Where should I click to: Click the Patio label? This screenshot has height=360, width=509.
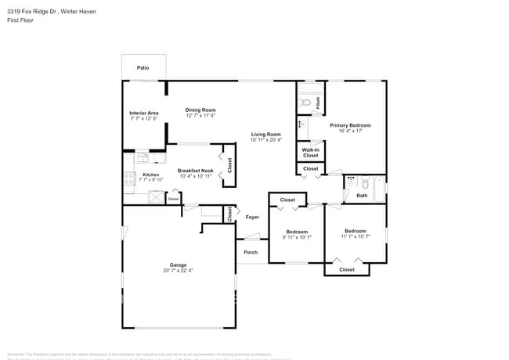(143, 68)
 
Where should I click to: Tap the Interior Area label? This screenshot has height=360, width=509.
(144, 113)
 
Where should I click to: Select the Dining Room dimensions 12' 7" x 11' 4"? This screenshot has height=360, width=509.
(200, 116)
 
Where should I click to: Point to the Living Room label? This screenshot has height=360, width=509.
(265, 134)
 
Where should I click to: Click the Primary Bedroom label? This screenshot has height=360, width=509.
(350, 125)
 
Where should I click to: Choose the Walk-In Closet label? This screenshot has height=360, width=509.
(310, 152)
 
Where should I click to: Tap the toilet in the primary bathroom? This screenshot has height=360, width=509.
(307, 103)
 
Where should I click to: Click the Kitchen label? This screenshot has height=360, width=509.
(150, 175)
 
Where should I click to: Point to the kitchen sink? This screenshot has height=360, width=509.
(142, 158)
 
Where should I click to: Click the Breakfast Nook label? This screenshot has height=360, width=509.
(195, 171)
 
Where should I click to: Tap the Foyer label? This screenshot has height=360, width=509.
(252, 217)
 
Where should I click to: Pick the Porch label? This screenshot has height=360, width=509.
(251, 252)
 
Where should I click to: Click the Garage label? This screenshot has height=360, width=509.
(178, 265)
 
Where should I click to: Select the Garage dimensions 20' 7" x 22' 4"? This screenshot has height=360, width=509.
(178, 271)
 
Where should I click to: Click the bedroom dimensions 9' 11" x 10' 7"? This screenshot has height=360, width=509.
(296, 237)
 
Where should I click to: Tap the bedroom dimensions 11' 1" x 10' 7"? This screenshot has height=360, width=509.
(356, 236)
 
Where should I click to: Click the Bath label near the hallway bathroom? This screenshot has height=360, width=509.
(362, 195)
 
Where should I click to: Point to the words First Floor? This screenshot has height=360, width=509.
(23, 20)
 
